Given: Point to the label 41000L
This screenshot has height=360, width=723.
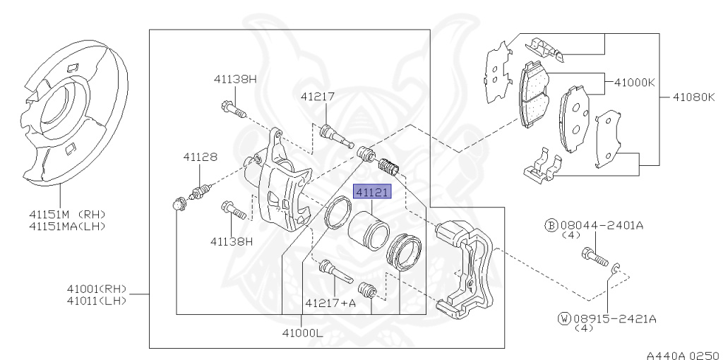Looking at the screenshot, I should click(301, 331).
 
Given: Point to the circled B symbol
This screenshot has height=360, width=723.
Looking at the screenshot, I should click(551, 225).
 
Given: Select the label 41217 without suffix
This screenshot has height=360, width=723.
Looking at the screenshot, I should click(317, 97).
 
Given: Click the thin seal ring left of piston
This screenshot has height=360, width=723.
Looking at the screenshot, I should click(337, 214).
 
